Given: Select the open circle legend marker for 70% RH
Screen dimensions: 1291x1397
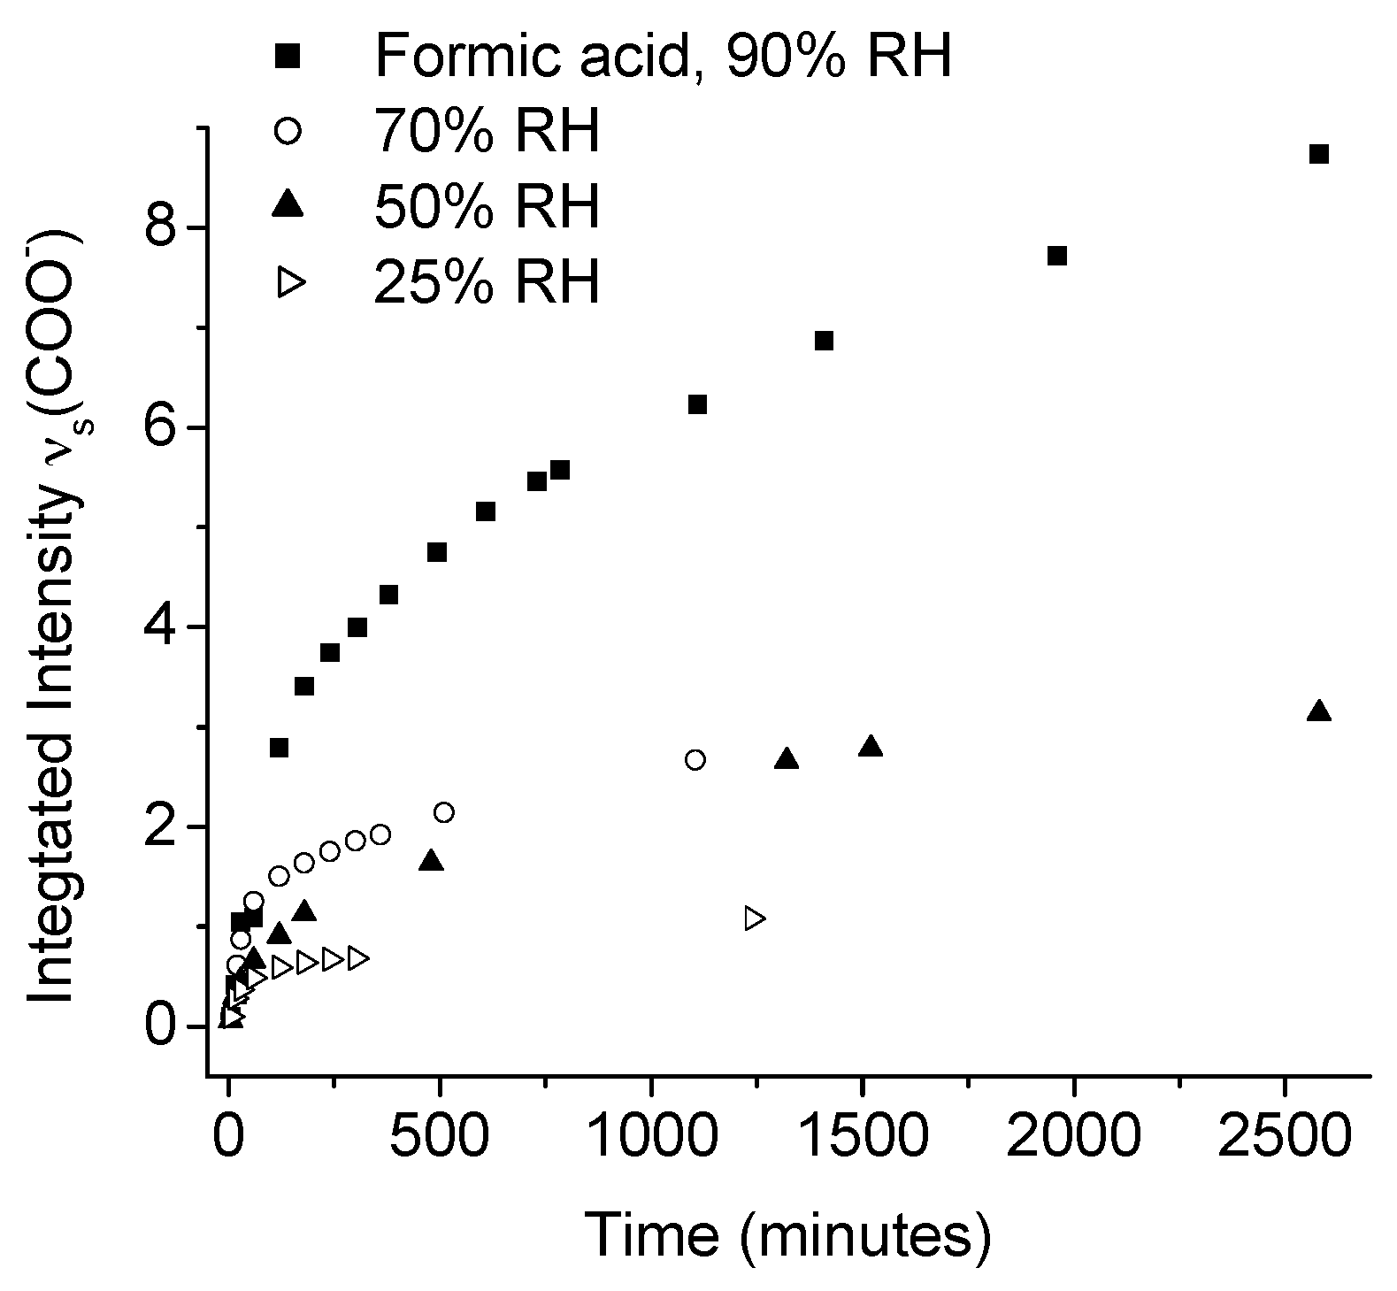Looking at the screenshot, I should pyautogui.click(x=289, y=131).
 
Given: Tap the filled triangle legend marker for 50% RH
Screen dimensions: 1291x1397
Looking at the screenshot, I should pyautogui.click(x=289, y=205).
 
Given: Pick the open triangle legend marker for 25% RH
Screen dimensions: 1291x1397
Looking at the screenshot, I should pyautogui.click(x=291, y=282).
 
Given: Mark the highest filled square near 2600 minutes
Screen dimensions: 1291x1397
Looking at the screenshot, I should pyautogui.click(x=1318, y=154).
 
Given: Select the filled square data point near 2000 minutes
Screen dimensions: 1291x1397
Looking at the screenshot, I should pyautogui.click(x=1056, y=256).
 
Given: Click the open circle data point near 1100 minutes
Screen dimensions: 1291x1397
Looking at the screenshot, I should pyautogui.click(x=695, y=760).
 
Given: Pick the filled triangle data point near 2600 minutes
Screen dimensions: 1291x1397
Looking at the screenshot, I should pyautogui.click(x=1318, y=711).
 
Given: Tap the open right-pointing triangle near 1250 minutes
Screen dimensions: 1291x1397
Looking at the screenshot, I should pyautogui.click(x=755, y=918).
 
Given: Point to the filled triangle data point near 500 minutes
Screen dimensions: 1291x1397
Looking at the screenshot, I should pyautogui.click(x=431, y=861).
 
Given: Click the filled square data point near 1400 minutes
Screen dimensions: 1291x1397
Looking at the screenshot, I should pyautogui.click(x=824, y=341).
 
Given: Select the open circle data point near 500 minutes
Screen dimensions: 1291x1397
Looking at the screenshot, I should pyautogui.click(x=444, y=812).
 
